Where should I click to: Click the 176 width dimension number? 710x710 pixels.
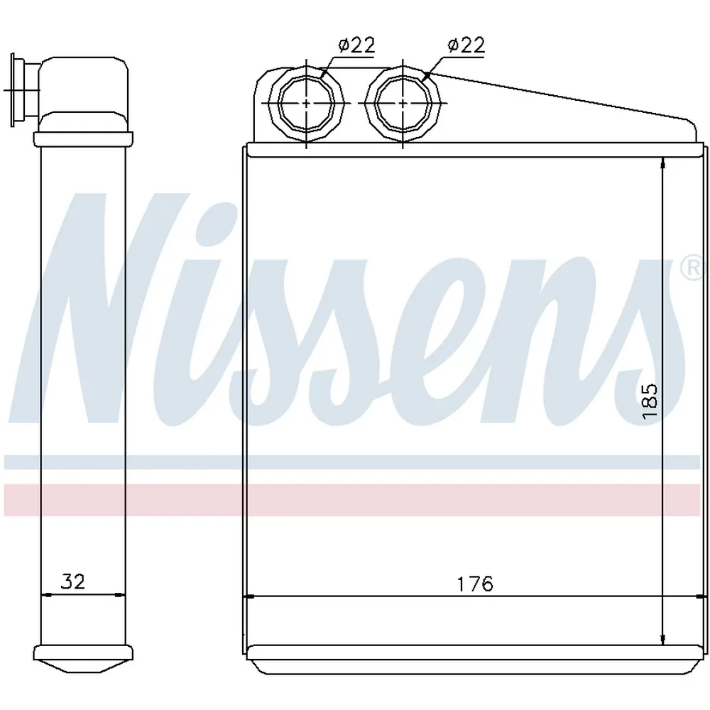(474, 584)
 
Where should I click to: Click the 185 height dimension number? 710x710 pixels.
(650, 401)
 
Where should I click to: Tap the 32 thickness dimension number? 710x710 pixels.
(73, 581)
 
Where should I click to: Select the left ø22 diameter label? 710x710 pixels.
(357, 45)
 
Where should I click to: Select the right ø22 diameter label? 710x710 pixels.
(466, 45)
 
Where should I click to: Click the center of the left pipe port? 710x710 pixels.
(307, 103)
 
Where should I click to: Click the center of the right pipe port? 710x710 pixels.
(403, 103)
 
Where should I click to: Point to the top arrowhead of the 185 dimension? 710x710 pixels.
(663, 163)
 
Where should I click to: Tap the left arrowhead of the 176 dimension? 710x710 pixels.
(249, 597)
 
